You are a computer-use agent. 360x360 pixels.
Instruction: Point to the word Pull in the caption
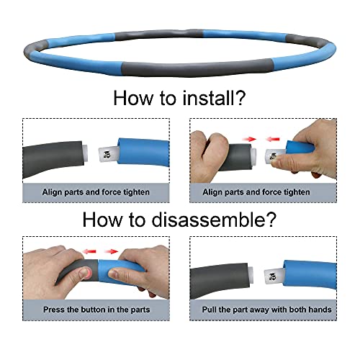210,310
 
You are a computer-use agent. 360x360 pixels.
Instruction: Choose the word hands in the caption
320,310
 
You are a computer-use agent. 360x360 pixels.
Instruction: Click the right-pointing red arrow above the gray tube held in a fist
249,139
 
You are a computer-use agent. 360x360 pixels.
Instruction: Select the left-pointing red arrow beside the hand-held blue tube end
273,139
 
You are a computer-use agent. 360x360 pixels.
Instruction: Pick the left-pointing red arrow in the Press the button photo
89,251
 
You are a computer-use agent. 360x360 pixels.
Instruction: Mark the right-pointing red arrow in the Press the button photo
111,251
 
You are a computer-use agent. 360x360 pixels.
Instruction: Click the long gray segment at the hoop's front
197,69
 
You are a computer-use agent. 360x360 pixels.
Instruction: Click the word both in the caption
297,310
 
